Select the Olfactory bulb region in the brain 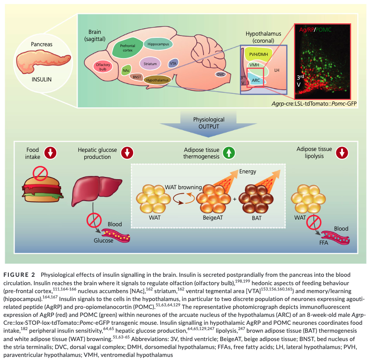tap(103, 67)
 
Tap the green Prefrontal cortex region tap(127, 48)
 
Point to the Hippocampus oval tap(158, 44)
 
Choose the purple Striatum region tap(150, 64)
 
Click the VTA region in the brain tap(173, 63)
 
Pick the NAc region tap(126, 70)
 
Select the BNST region tap(137, 77)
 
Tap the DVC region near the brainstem tap(221, 74)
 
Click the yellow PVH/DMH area tap(258, 55)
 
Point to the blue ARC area tap(256, 80)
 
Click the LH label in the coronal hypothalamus tap(276, 70)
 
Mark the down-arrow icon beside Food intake tap(50, 153)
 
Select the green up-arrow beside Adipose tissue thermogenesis tap(229, 153)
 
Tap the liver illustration tap(96, 190)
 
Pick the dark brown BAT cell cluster tap(256, 199)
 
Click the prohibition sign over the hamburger tap(40, 173)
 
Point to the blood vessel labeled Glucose tap(116, 235)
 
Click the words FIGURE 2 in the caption tap(19, 275)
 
